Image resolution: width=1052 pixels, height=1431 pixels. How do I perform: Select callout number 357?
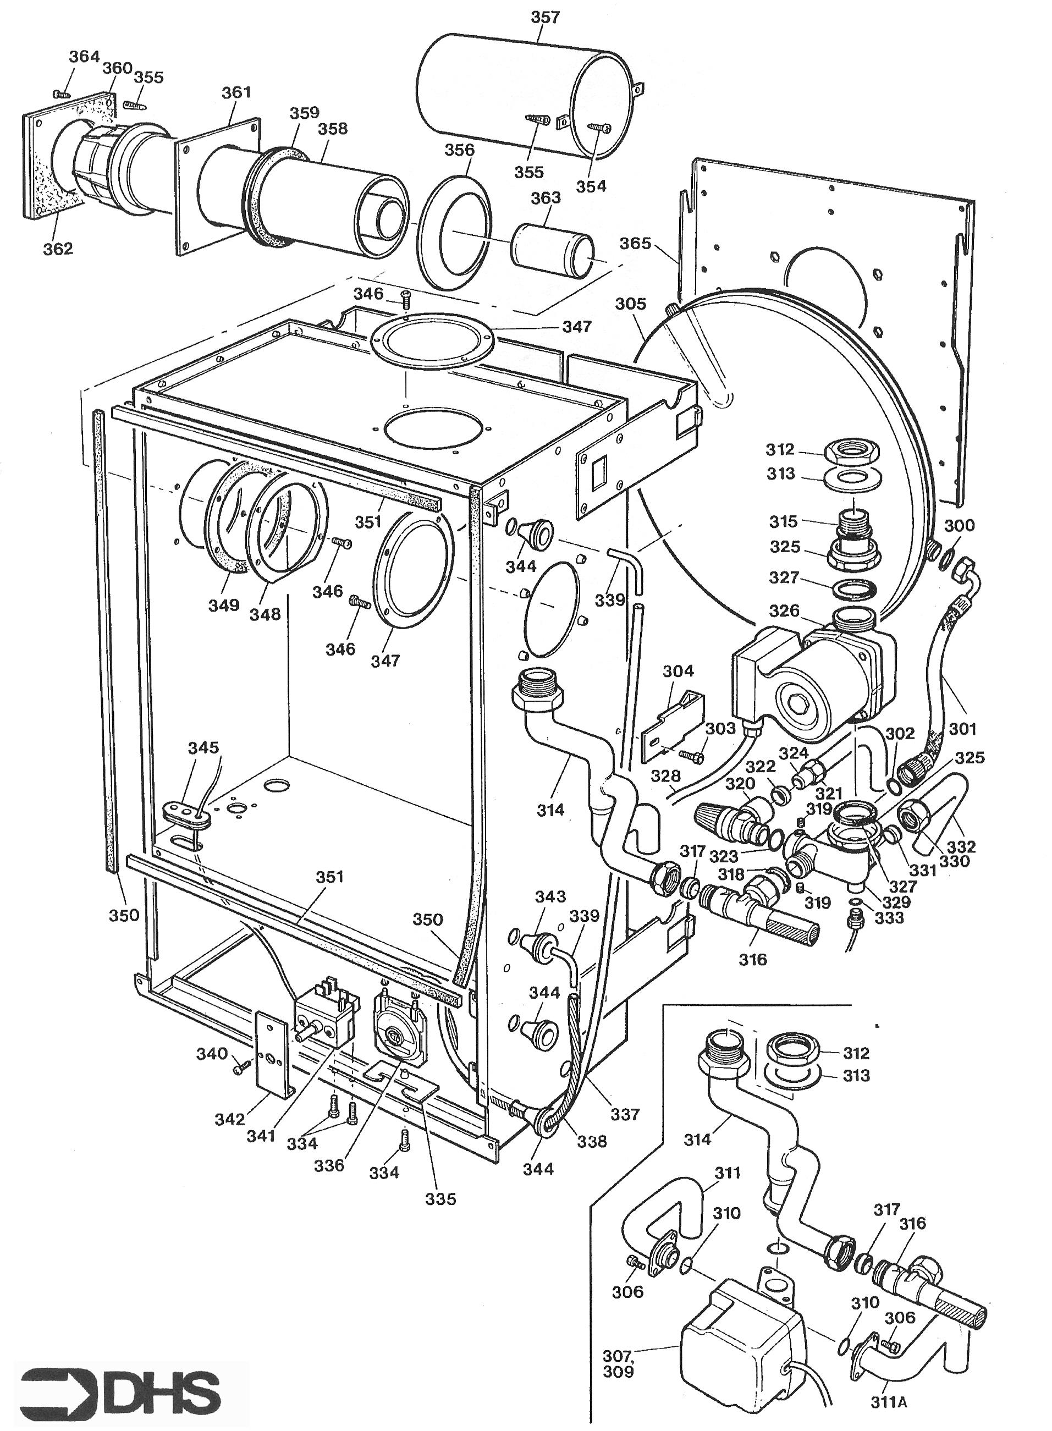click(x=545, y=17)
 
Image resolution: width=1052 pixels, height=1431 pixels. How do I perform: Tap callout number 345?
click(x=203, y=747)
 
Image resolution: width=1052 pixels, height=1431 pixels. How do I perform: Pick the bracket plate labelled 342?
click(x=273, y=1055)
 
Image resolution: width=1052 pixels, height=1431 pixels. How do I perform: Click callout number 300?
click(x=959, y=525)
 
